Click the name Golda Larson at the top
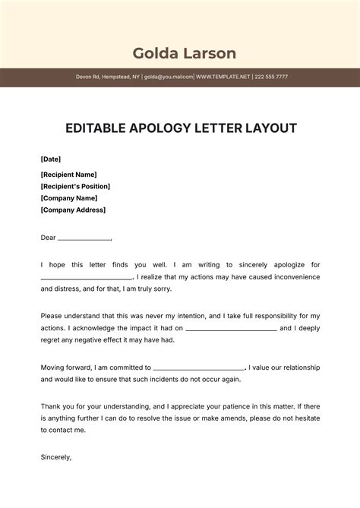point(185,53)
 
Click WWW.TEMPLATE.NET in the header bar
point(223,77)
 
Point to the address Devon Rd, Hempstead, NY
point(107,77)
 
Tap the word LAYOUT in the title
point(269,128)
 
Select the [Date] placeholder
point(51,159)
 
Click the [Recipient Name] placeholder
point(69,175)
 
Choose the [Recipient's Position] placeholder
point(75,186)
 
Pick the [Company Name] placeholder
point(68,198)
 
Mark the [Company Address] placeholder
point(73,210)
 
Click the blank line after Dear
point(84,239)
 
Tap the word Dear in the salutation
point(48,238)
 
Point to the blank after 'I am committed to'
point(199,368)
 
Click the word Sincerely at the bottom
point(55,457)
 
